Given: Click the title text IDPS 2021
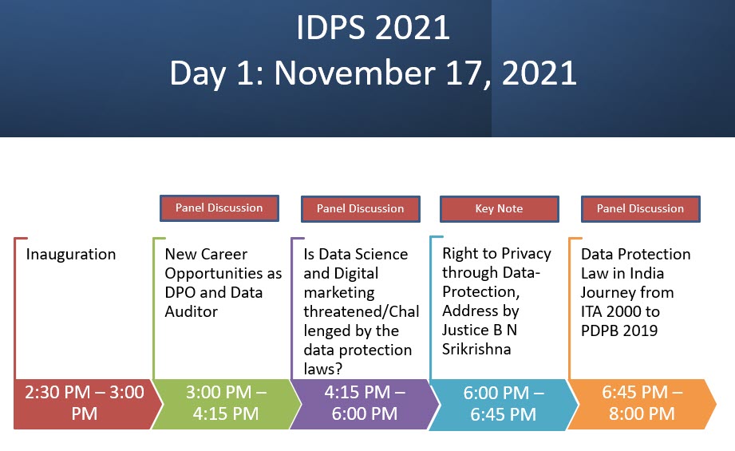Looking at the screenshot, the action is (373, 27).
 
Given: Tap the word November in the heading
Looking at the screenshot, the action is (355, 73).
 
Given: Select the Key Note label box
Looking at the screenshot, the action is (500, 208).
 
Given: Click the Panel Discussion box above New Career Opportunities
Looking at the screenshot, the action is (219, 208).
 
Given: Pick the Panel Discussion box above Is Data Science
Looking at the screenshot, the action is (361, 208).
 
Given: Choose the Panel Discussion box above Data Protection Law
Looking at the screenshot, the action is (640, 208).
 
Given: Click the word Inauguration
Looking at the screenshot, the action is (71, 254).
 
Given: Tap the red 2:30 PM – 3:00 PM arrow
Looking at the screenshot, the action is (87, 404).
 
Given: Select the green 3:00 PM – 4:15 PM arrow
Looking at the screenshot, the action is (226, 404).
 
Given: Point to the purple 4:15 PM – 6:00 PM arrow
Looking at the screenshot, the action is (365, 404).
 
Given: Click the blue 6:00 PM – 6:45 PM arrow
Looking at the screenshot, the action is (504, 404).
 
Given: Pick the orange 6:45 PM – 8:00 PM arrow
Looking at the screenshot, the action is (642, 404).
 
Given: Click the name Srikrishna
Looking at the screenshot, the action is (476, 350).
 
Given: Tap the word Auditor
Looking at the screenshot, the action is (192, 312).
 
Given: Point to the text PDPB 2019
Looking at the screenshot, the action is (619, 331).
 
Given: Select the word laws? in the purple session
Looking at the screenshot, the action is (323, 369).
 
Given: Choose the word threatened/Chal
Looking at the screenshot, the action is (362, 312).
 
